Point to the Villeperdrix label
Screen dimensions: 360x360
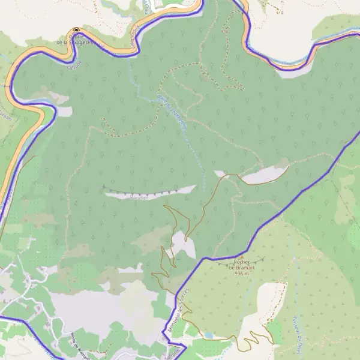tap(137, 34)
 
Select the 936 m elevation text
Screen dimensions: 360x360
tap(242, 273)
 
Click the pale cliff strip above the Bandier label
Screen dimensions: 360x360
tap(150, 191)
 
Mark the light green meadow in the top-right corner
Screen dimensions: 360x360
tap(336, 24)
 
